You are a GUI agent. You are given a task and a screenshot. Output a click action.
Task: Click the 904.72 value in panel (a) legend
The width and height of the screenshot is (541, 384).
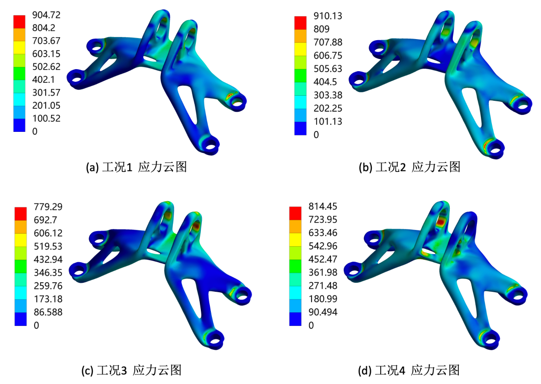(x=46, y=15)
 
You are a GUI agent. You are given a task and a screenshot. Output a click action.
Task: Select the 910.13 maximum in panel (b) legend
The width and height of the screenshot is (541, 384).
(x=328, y=16)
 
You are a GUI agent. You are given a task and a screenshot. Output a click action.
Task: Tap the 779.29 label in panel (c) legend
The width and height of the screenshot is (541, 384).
(x=48, y=207)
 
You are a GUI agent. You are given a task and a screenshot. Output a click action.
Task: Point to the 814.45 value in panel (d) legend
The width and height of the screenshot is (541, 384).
(x=323, y=207)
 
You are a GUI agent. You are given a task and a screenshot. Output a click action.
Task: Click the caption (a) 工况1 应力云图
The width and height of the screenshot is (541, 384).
(x=136, y=167)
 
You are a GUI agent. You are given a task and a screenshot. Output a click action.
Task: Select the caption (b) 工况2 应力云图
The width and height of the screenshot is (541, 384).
(x=410, y=167)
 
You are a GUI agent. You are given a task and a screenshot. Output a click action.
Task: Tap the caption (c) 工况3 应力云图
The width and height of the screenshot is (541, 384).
(x=131, y=370)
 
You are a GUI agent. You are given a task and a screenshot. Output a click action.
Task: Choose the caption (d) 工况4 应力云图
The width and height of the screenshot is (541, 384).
(x=409, y=370)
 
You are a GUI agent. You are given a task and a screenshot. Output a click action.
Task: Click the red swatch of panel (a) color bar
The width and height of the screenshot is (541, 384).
(x=20, y=22)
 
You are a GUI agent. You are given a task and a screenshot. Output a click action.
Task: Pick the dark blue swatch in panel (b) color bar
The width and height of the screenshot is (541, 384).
(x=300, y=128)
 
